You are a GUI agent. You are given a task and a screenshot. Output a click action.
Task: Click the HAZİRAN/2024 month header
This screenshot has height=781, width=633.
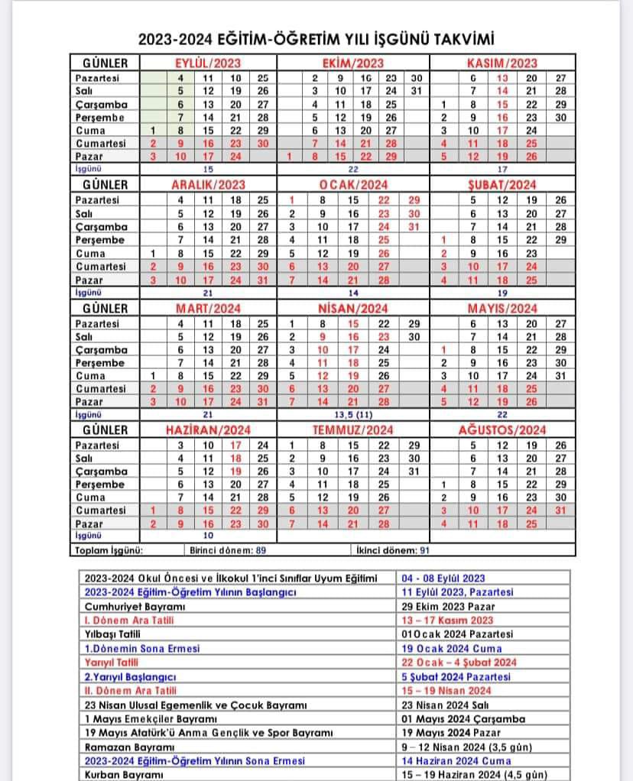[x=208, y=431]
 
